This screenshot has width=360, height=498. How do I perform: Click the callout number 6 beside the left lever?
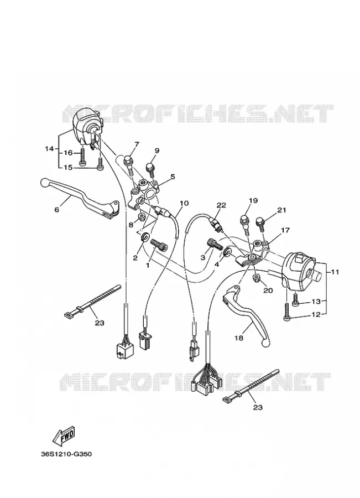tap(57, 210)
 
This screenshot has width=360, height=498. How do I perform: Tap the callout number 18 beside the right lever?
tap(239, 338)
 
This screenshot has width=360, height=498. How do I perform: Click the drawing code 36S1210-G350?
tap(66, 454)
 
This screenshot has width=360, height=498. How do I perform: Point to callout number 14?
tap(49, 148)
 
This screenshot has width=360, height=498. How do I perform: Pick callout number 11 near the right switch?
tap(335, 272)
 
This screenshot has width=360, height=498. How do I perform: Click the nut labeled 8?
tap(142, 216)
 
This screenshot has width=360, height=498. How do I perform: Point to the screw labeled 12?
tap(287, 312)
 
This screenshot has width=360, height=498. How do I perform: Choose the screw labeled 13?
tap(295, 300)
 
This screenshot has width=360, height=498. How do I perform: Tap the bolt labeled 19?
tap(244, 224)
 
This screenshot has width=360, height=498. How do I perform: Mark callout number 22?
tap(221, 205)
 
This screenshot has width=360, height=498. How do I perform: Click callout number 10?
tap(184, 203)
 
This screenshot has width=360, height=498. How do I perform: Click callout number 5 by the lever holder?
tap(173, 177)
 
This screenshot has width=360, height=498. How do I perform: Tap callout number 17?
tap(285, 230)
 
